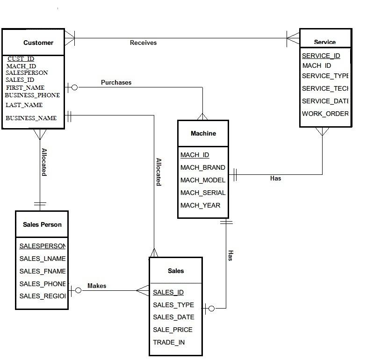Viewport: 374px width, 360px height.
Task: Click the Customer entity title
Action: click(x=38, y=43)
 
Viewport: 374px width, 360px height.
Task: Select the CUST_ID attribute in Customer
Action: click(x=21, y=59)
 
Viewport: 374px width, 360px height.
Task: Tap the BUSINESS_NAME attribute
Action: click(x=31, y=118)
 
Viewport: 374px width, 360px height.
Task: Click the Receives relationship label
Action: click(x=143, y=43)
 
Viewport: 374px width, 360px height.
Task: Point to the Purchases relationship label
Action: click(x=116, y=82)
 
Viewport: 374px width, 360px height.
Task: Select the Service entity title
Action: click(x=324, y=42)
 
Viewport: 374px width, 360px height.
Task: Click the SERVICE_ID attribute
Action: click(x=321, y=56)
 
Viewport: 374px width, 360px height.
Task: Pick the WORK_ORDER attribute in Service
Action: click(x=325, y=114)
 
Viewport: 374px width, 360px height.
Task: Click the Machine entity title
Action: click(x=203, y=133)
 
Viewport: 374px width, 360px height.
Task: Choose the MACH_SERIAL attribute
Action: click(x=203, y=193)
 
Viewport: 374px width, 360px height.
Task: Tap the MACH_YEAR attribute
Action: click(x=200, y=205)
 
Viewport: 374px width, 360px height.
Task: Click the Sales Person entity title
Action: click(x=42, y=224)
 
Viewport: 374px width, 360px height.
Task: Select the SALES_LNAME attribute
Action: click(x=43, y=259)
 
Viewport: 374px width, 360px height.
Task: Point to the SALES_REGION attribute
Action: click(x=43, y=296)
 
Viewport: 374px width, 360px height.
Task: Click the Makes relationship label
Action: click(x=97, y=286)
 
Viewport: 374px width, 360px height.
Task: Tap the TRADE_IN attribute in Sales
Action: click(x=169, y=342)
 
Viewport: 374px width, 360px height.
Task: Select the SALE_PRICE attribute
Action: click(x=173, y=330)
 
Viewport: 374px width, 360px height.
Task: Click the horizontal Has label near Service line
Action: click(x=275, y=178)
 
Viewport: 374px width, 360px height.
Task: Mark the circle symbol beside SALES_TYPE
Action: click(x=211, y=308)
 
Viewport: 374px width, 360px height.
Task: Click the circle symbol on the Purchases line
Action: click(x=74, y=87)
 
